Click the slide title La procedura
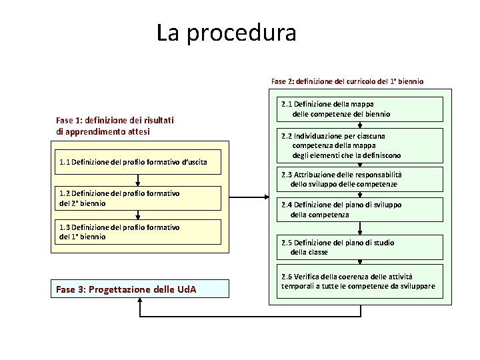coord(226,32)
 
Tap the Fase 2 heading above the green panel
coord(347,81)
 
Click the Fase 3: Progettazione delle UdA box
coord(139,289)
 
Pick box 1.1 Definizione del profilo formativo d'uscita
coord(138,162)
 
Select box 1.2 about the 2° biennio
coord(138,198)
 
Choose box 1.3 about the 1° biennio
coord(138,232)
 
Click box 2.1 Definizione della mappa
coord(360,109)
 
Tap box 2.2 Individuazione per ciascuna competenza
coord(360,145)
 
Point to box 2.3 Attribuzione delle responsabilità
coord(360,179)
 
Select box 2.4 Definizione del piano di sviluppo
coord(360,210)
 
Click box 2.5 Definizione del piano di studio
coord(360,247)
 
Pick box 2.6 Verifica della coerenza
coord(360,281)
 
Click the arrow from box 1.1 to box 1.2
coord(138,180)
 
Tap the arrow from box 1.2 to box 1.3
coord(138,215)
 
